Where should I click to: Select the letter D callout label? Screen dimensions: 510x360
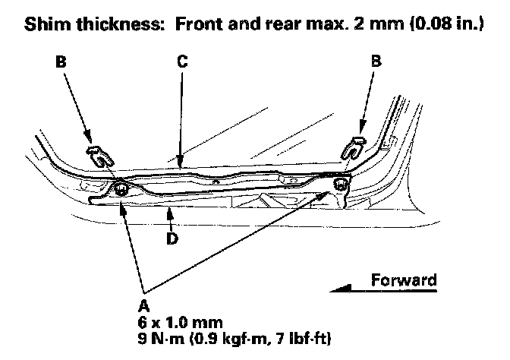click(x=172, y=240)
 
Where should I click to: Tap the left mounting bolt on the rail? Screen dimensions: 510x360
click(x=120, y=189)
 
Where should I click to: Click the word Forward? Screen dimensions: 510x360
click(x=404, y=280)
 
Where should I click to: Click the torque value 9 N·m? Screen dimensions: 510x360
click(x=161, y=335)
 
